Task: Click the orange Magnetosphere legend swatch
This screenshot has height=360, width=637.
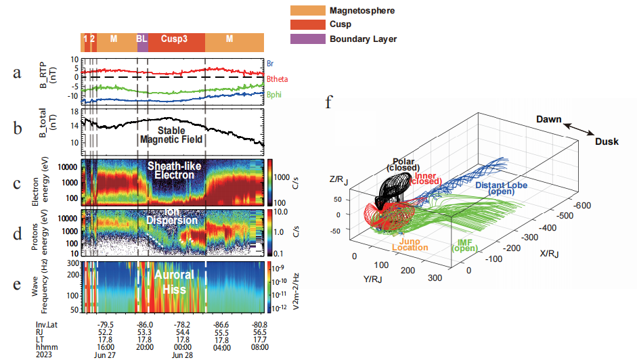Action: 307,11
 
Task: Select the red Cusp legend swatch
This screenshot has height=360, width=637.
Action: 307,25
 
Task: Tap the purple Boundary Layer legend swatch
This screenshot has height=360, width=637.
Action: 307,39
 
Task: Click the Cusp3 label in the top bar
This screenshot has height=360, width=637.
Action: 175,39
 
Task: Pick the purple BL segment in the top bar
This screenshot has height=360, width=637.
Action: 142,39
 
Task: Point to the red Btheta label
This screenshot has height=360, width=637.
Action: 278,79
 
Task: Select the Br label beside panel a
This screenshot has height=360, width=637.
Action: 271,62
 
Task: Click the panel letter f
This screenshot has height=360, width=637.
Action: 329,103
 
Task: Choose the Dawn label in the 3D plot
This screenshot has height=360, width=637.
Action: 549,119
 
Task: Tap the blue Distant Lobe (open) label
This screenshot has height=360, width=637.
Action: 502,188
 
